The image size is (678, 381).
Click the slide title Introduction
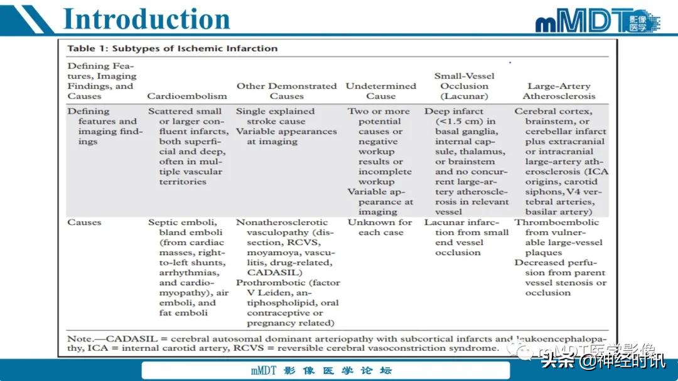[x=147, y=19]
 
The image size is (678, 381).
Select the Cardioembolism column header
[x=187, y=97]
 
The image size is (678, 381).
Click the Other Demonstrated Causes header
[x=286, y=91]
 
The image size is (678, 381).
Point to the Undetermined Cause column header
[x=381, y=91]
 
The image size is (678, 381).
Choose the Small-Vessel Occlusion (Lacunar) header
[x=465, y=86]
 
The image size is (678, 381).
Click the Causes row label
[x=84, y=222]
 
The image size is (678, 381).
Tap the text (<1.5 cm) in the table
[x=465, y=122]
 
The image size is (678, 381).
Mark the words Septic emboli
[x=182, y=222]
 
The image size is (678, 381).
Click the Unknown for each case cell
[x=380, y=227]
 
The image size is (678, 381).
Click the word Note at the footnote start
[x=78, y=339]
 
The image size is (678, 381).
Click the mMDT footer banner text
[x=321, y=370]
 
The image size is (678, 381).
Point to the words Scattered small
[x=185, y=112]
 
